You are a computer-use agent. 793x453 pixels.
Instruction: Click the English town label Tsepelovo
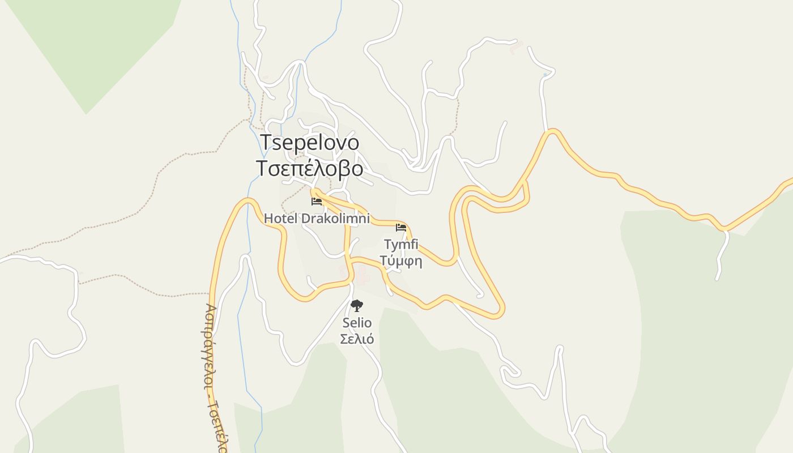tap(309, 143)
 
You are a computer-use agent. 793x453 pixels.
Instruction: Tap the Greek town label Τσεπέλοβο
tap(309, 169)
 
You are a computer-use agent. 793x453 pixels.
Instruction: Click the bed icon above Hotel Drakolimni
tap(317, 201)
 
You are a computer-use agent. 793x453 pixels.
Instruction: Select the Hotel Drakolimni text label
tap(317, 219)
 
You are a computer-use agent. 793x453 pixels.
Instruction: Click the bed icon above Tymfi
tap(401, 228)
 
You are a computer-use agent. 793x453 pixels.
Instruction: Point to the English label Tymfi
tap(401, 245)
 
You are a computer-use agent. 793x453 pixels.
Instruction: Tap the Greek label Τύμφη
tap(401, 261)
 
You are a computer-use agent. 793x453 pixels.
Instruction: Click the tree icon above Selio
tap(357, 306)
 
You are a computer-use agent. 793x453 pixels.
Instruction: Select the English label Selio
tap(357, 323)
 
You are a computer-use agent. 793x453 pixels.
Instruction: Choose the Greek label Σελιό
tap(357, 339)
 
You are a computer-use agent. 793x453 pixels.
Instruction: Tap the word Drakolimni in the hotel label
tap(335, 219)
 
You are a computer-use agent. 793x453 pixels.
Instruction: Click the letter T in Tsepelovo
tap(266, 143)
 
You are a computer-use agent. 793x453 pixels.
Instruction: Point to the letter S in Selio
tap(346, 323)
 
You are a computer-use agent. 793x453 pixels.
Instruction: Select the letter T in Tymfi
tap(388, 245)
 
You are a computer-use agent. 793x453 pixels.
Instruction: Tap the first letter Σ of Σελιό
tap(344, 339)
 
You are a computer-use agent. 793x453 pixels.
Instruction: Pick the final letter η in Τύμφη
tap(418, 262)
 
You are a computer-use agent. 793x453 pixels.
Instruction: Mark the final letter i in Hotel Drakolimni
tap(368, 219)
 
